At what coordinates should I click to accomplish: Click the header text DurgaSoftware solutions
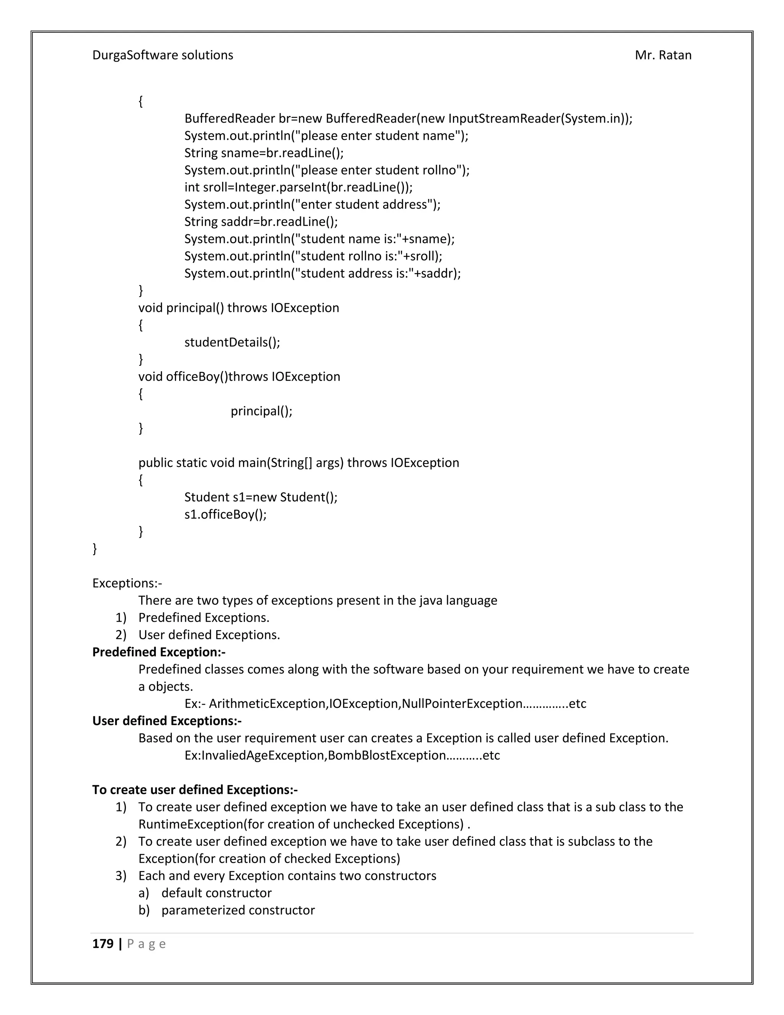coord(163,55)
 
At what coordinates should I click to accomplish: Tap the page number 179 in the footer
coord(103,944)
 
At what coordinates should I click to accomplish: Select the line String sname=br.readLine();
coord(264,153)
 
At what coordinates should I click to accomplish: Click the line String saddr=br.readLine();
coord(261,222)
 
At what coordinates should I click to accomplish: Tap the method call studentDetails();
coord(232,342)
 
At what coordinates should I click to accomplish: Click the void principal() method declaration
coord(239,308)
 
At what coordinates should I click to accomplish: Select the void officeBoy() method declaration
coord(239,377)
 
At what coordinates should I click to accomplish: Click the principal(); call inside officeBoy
coord(261,411)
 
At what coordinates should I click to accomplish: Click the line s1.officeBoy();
coord(225,514)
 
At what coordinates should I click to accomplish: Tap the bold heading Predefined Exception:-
coord(159,652)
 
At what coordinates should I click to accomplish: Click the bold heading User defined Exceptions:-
coord(167,721)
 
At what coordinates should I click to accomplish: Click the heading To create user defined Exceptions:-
coord(195,790)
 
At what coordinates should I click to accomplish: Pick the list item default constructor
coord(216,893)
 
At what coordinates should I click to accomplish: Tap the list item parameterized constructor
coord(238,910)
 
